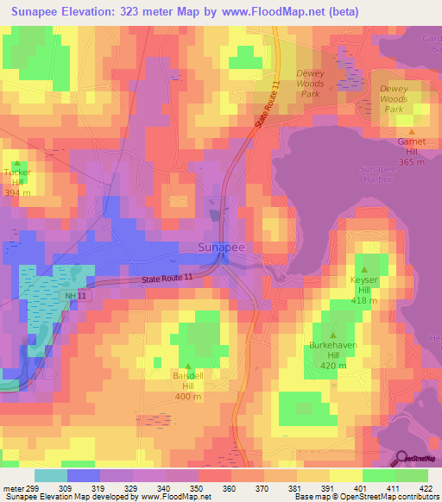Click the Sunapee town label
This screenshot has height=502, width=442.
point(222,248)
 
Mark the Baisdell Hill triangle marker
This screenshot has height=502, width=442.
point(188,367)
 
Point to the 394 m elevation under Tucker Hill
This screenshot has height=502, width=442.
point(17,192)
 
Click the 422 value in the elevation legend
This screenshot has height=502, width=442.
point(427,488)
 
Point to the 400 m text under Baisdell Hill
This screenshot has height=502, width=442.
point(188,397)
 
